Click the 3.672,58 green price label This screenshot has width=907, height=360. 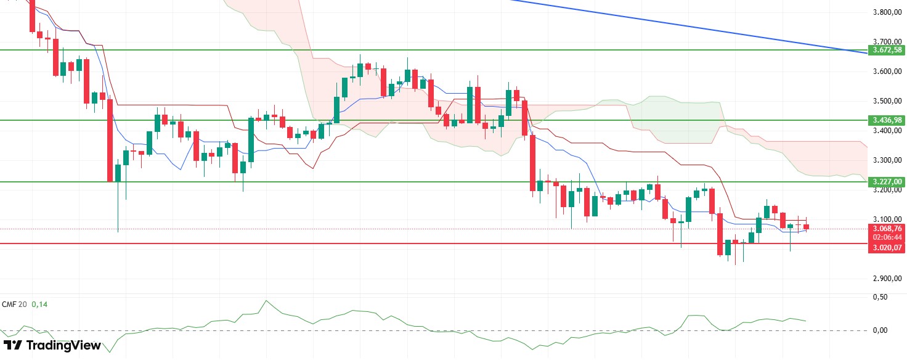tap(885, 49)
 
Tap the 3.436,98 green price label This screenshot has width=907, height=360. tap(885, 120)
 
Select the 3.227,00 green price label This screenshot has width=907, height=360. tap(885, 181)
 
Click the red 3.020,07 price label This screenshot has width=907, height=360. tap(885, 248)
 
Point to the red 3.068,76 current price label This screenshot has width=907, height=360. tap(885, 229)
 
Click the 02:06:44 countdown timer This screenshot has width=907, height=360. tap(885, 237)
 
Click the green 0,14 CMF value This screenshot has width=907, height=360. tap(39, 305)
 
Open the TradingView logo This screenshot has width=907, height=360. tap(52, 346)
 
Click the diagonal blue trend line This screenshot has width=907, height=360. tap(678, 25)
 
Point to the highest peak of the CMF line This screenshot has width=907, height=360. tap(266, 301)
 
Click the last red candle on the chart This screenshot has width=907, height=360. tap(806, 227)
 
